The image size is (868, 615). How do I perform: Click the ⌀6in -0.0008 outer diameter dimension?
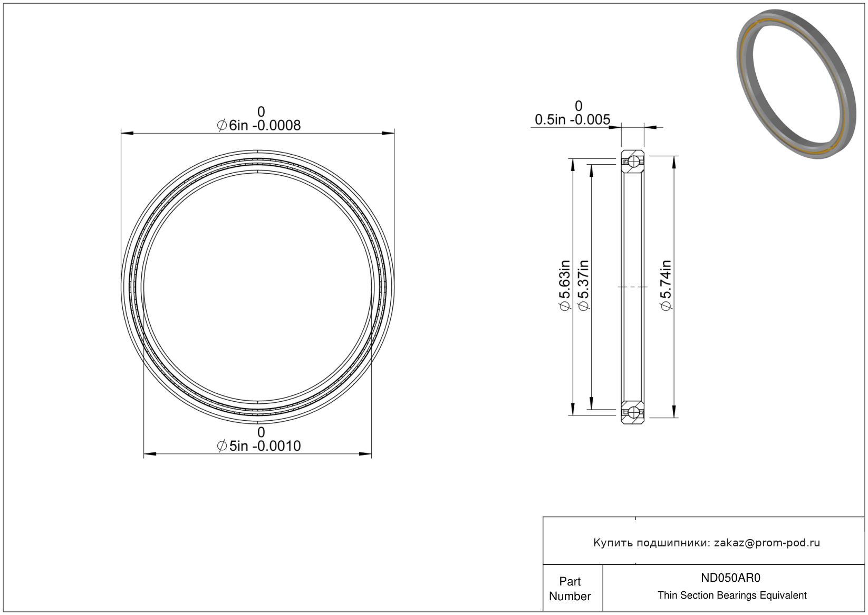click(x=258, y=125)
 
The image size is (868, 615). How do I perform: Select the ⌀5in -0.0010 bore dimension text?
click(x=258, y=446)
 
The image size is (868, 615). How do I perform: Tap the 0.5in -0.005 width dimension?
click(x=572, y=119)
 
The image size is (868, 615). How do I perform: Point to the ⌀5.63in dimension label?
click(x=564, y=285)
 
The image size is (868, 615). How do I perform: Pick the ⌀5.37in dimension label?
click(x=583, y=285)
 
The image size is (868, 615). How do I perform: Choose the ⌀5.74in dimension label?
click(x=666, y=285)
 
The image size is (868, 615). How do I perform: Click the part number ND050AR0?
click(x=730, y=578)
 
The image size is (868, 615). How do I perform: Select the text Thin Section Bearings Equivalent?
click(x=732, y=595)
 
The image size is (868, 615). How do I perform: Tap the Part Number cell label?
click(x=570, y=589)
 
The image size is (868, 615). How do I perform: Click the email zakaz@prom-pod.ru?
click(x=767, y=543)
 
